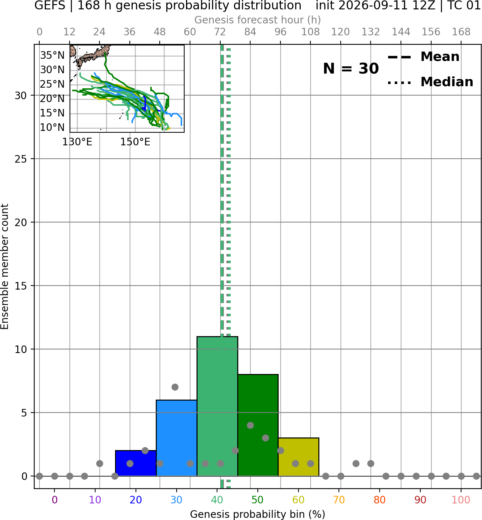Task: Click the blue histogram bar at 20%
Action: pyautogui.click(x=136, y=463)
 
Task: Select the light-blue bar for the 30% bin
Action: pyautogui.click(x=176, y=438)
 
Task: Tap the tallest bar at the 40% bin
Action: pyautogui.click(x=217, y=406)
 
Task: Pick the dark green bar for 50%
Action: pyautogui.click(x=258, y=425)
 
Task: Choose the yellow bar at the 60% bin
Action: pyautogui.click(x=299, y=457)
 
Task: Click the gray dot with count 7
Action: pyautogui.click(x=175, y=387)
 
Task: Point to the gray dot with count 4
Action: pyautogui.click(x=250, y=425)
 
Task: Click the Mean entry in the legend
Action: pyautogui.click(x=423, y=57)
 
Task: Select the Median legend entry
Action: pyautogui.click(x=430, y=82)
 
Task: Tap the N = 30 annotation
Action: pyautogui.click(x=351, y=69)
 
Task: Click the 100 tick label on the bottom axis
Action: pyautogui.click(x=461, y=500)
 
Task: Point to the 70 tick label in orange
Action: pyautogui.click(x=339, y=500)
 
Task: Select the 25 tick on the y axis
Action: pyautogui.click(x=21, y=159)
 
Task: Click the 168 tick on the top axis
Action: pyautogui.click(x=461, y=32)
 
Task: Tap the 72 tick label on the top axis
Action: pyautogui.click(x=220, y=32)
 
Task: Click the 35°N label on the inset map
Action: pyautogui.click(x=52, y=55)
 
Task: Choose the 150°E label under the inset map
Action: pyautogui.click(x=135, y=142)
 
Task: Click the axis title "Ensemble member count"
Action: pyautogui.click(x=4, y=266)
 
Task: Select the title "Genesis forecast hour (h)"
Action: pyautogui.click(x=257, y=20)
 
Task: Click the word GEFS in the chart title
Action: pyautogui.click(x=50, y=5)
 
